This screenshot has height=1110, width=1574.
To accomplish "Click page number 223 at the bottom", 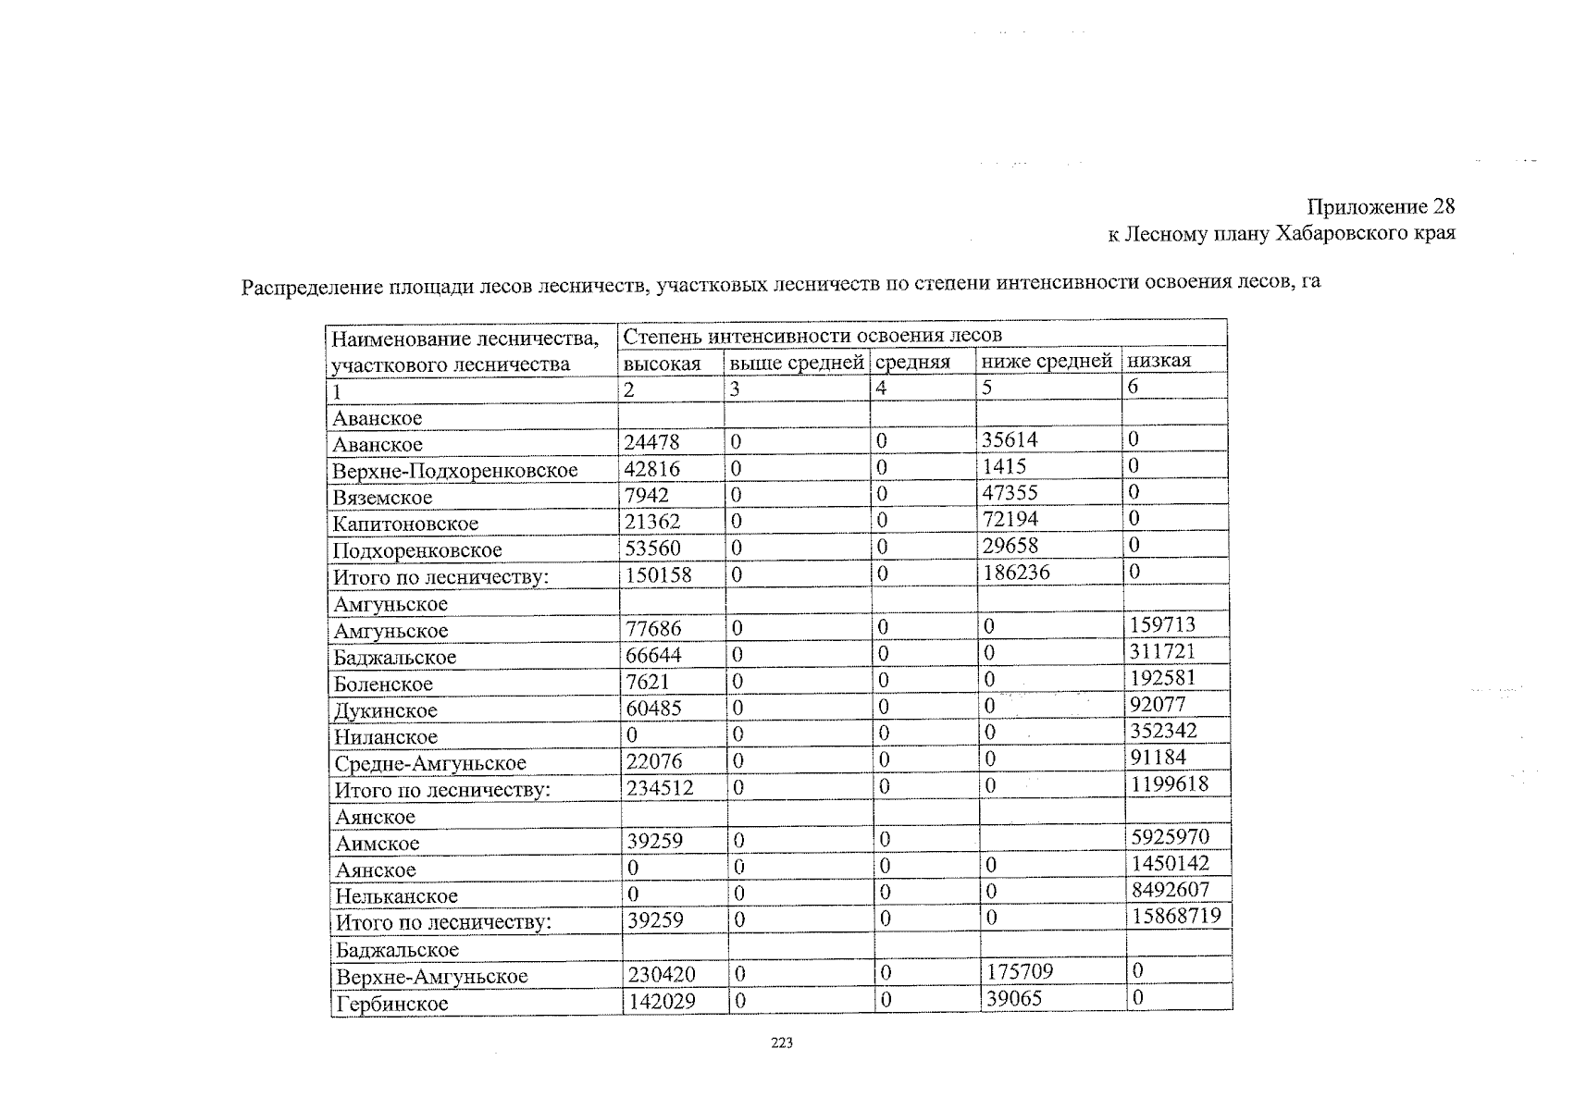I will click(x=782, y=1043).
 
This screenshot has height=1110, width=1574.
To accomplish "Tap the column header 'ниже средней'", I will click(x=1047, y=362).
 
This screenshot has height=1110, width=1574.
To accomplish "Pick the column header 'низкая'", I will click(x=1159, y=361).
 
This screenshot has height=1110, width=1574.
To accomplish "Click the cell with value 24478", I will click(x=651, y=442).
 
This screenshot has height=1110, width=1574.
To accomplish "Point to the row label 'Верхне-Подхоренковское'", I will click(x=454, y=471).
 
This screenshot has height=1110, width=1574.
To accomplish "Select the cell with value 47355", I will click(x=1010, y=493).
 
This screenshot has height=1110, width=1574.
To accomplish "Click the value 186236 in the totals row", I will click(x=1015, y=573).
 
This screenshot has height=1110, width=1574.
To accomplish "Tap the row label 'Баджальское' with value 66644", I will click(x=395, y=658).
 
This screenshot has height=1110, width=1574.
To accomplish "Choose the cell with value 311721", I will click(x=1162, y=651).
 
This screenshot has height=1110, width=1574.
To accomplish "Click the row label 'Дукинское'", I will click(x=386, y=711).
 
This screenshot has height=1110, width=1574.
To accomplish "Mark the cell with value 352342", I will click(x=1163, y=731).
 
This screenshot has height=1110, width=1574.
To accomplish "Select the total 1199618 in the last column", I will click(x=1169, y=784).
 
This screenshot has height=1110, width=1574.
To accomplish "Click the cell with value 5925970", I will click(x=1170, y=837).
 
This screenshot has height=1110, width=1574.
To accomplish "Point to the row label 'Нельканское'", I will click(x=396, y=896).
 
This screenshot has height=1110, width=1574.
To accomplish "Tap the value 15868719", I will click(x=1175, y=917).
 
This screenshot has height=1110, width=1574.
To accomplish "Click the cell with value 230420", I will click(x=662, y=974).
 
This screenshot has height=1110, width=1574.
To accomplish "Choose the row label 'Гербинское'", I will click(x=391, y=1004).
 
